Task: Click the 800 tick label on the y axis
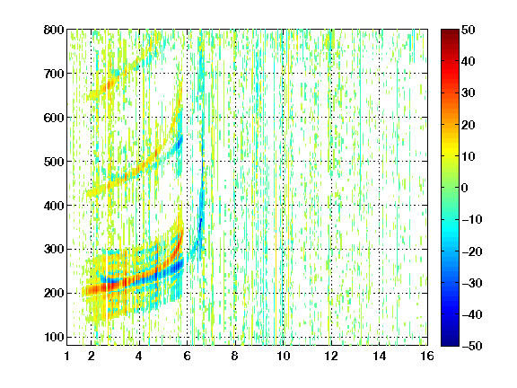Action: pos(54,30)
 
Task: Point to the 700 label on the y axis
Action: pos(54,74)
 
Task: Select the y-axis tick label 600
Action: pos(54,118)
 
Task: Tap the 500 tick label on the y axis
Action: pos(54,162)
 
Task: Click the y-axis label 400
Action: pos(54,206)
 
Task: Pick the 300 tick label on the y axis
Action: pos(54,249)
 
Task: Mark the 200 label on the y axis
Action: pos(54,293)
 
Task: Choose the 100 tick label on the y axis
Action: pos(54,337)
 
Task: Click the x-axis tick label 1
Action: pos(67,356)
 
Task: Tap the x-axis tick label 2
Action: pos(92,356)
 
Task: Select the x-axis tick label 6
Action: pos(187,356)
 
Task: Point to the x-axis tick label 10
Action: pos(284,356)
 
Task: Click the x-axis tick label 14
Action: pos(379,356)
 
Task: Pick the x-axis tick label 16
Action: pos(427,356)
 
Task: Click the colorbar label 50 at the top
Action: pos(469,30)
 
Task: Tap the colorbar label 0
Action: pos(465,188)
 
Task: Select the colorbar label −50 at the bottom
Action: pos(472,346)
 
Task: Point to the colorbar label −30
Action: pos(472,283)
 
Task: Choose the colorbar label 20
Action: pos(469,125)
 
